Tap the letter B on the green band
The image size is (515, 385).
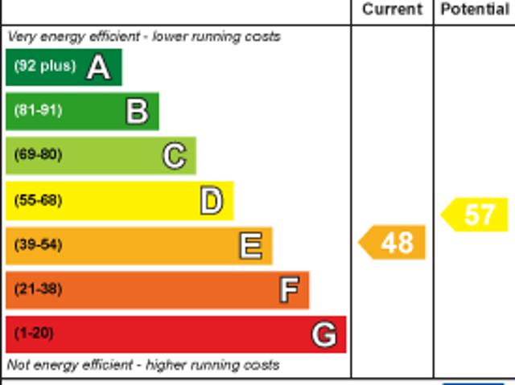(x=137, y=111)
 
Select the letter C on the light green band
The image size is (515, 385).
(x=174, y=155)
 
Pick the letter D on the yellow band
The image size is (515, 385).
(x=211, y=200)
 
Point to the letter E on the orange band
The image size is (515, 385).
(x=250, y=245)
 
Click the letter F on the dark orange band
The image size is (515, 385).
(x=289, y=289)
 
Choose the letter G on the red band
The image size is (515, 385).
(x=324, y=334)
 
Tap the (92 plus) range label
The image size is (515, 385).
(x=44, y=66)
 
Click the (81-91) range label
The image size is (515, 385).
(x=38, y=111)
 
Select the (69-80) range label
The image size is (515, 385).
(x=38, y=155)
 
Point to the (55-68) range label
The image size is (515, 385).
(x=38, y=200)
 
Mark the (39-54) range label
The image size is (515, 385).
(x=38, y=245)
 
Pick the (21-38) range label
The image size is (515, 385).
(x=38, y=289)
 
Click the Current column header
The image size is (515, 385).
(x=392, y=10)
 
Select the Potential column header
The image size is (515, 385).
(x=475, y=10)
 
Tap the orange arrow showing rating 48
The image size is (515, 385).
(x=393, y=243)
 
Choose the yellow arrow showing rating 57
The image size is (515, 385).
(x=476, y=215)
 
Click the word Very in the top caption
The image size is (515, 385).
(x=20, y=37)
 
